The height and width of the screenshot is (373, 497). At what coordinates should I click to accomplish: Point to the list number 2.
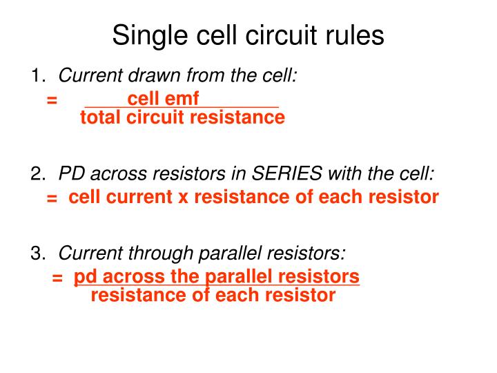point(37,173)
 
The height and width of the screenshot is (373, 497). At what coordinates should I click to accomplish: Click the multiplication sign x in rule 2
point(183,198)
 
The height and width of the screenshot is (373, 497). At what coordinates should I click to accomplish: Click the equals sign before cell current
point(52,198)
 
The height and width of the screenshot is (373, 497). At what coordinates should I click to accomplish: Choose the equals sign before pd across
point(57,278)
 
